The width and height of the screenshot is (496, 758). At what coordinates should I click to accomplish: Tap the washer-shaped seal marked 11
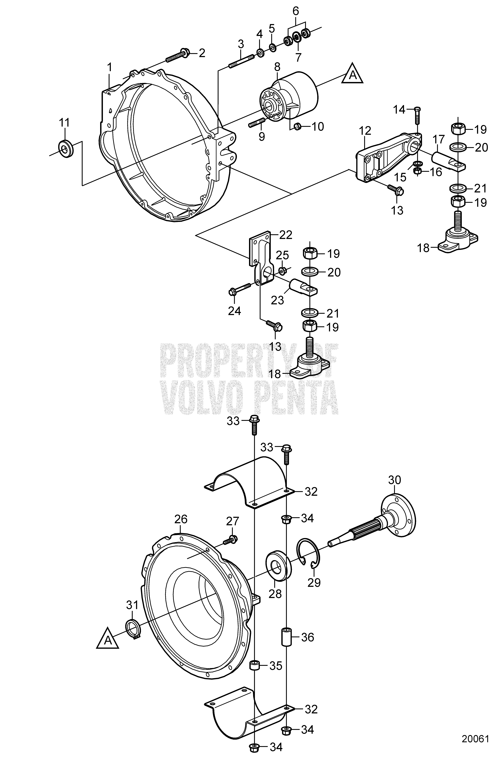(66, 148)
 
